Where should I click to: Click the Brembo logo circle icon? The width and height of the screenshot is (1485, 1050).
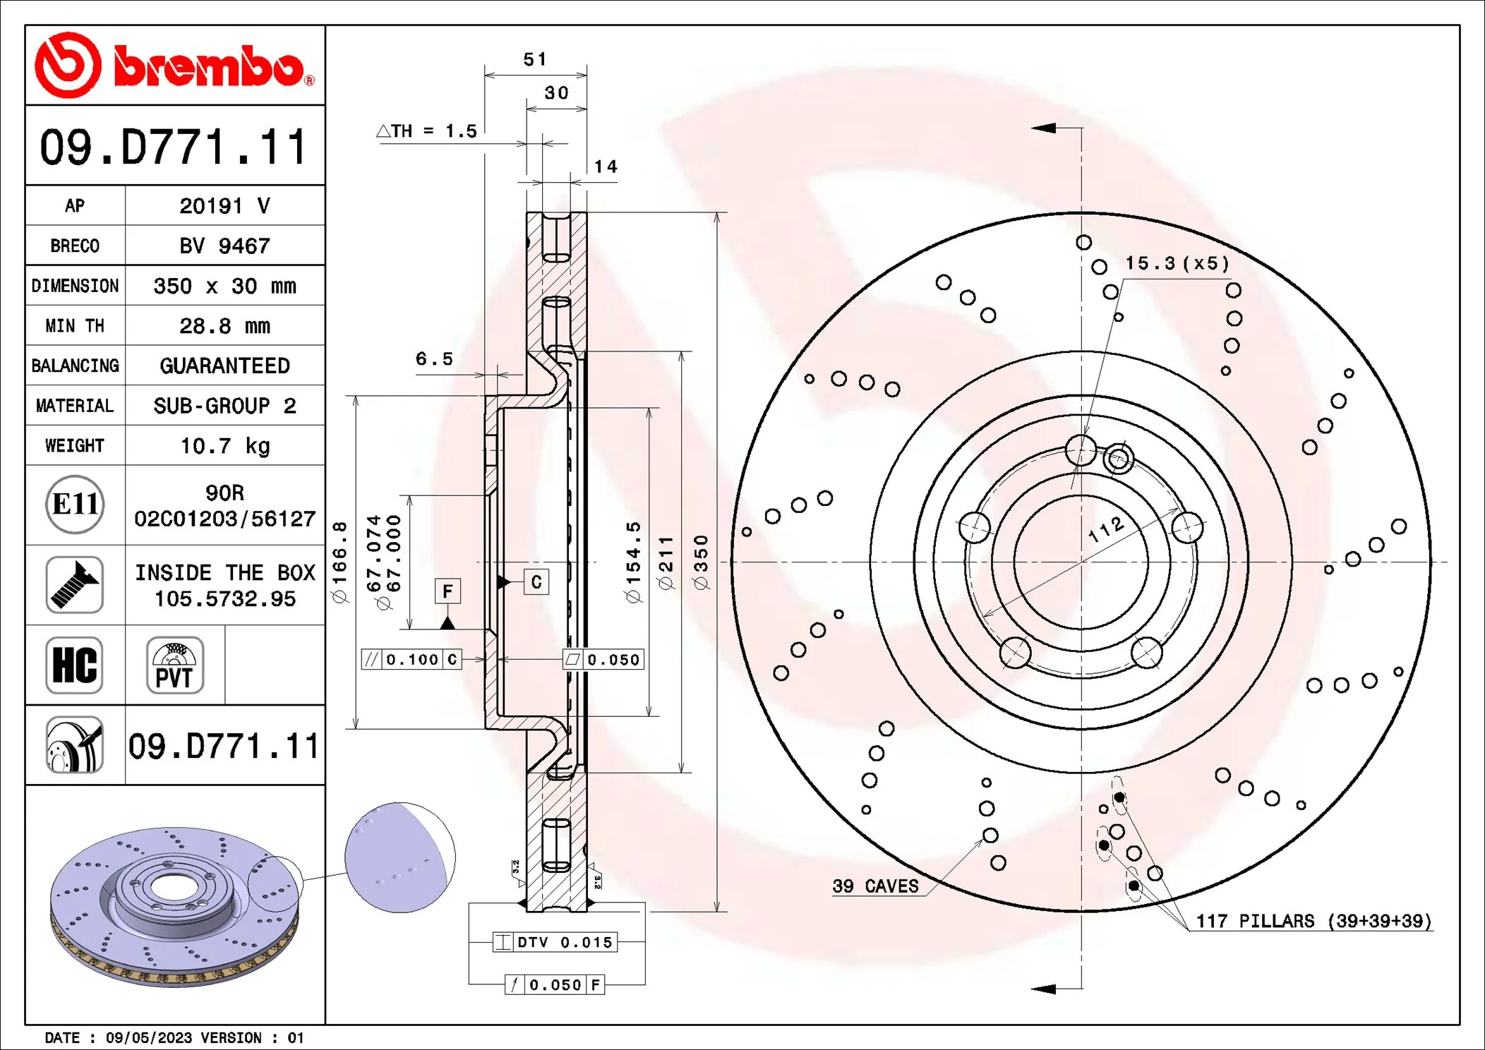pos(68,65)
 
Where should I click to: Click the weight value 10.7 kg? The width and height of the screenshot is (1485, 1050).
pos(224,446)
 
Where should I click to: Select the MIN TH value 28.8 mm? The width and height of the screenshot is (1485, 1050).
pos(224,326)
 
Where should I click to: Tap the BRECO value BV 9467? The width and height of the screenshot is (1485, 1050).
pos(224,246)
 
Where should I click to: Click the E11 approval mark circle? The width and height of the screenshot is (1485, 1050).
pos(75,505)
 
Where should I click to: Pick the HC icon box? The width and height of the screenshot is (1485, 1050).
pos(75,665)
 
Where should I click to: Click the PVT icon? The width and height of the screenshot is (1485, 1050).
pos(174,665)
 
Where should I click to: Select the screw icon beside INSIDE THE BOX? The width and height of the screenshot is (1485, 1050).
pos(75,585)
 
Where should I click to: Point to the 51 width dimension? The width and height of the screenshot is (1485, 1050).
pos(535,59)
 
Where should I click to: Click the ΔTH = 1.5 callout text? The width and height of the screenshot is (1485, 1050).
pos(428,131)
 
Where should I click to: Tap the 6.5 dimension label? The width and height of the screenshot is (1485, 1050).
pos(434,359)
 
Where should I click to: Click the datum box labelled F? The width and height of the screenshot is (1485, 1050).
pos(447,591)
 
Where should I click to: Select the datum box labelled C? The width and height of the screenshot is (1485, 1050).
pos(536,582)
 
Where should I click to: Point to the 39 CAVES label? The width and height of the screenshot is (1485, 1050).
pos(875,886)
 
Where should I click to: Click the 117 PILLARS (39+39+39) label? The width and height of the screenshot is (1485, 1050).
pos(1313,921)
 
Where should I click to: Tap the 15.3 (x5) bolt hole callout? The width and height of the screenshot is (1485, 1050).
pos(1177,264)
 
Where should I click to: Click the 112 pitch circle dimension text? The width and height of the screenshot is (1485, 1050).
pos(1106,529)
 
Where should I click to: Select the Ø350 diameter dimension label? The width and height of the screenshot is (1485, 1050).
pos(701,562)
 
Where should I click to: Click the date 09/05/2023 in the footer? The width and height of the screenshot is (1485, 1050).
pos(149,1038)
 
